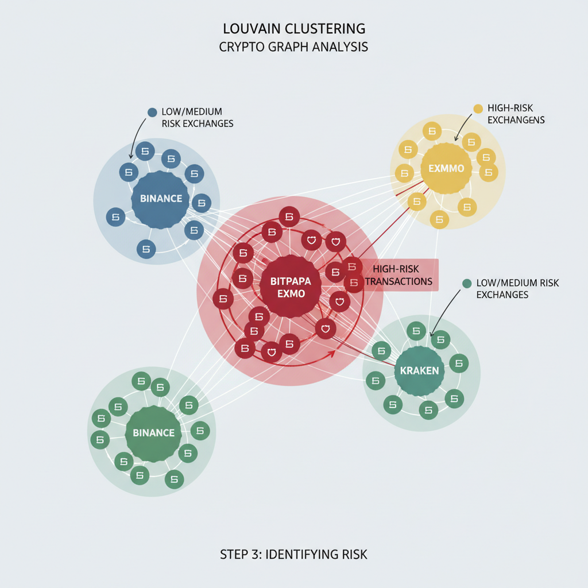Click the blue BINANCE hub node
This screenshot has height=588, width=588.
tap(161, 199)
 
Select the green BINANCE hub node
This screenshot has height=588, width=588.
tap(153, 433)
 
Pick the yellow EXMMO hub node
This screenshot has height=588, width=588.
tap(446, 169)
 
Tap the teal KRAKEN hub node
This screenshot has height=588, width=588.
tap(419, 371)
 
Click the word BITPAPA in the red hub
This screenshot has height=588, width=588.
tap(290, 281)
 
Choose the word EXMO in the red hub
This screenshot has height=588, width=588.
tap(291, 294)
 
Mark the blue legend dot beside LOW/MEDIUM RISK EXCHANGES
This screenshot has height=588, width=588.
tap(152, 112)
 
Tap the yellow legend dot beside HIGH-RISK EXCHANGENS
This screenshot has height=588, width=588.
tap(478, 109)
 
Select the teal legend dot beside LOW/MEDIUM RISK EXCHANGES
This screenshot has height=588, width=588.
tap(466, 283)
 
